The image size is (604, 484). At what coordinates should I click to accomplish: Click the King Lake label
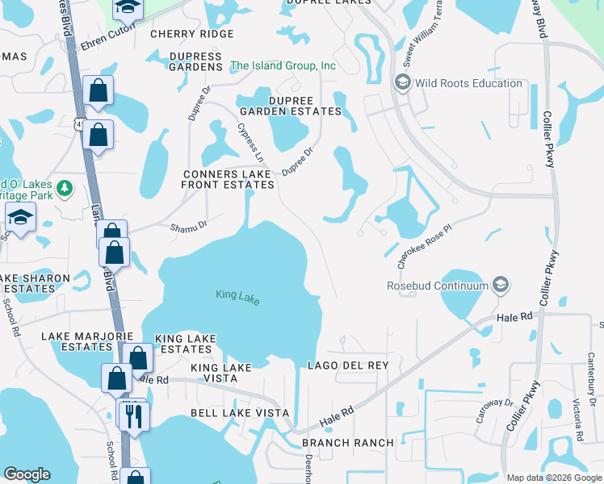point(237,297)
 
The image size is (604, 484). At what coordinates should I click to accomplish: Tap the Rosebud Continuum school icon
point(501,285)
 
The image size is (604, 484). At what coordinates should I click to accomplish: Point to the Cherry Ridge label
point(192,34)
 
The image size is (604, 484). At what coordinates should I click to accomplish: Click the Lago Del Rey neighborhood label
point(348,365)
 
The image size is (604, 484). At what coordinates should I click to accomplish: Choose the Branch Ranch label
point(347,443)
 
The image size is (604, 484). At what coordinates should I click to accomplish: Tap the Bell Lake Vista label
point(239,413)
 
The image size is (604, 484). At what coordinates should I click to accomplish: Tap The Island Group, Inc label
point(283,65)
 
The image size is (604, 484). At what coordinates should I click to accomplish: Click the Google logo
point(27,474)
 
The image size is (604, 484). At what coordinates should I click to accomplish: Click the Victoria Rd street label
point(578,420)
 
